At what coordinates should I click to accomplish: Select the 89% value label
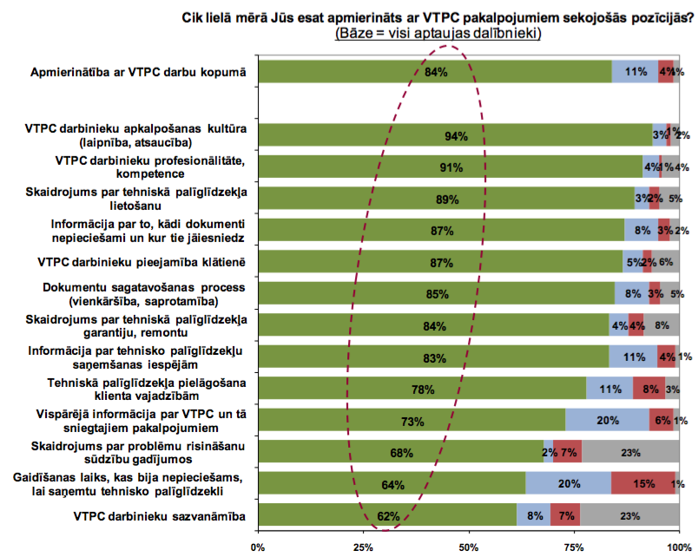447,200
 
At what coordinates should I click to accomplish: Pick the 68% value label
401,453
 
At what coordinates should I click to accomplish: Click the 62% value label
388,516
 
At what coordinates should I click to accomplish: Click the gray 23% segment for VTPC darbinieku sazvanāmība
629,515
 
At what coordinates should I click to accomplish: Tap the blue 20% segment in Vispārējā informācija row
607,421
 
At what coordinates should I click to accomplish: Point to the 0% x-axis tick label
257,547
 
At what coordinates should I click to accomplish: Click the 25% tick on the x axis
363,547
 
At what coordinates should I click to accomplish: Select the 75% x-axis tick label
574,547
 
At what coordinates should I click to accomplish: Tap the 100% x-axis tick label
678,547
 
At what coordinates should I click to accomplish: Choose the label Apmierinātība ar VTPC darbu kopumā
139,73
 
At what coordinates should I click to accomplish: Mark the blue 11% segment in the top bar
635,72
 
